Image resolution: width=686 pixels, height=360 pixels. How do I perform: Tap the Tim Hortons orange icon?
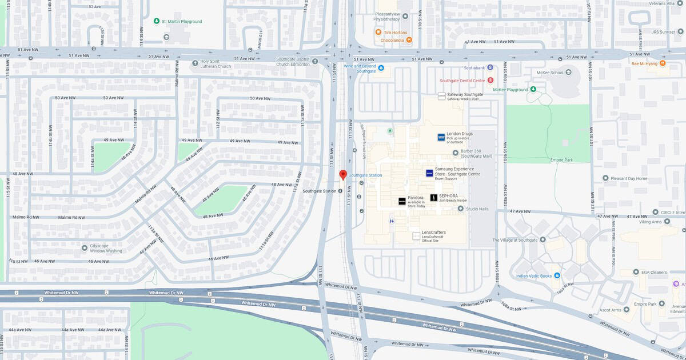click(x=378, y=33)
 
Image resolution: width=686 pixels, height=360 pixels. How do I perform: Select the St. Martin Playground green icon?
click(x=157, y=22)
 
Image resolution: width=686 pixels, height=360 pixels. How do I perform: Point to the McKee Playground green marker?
click(x=533, y=90)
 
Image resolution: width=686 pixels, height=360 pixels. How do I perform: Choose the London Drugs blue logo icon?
click(x=441, y=137)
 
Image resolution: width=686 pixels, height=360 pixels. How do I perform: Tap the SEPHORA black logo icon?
click(x=433, y=198)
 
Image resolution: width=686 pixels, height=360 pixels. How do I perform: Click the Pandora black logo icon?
click(x=402, y=201)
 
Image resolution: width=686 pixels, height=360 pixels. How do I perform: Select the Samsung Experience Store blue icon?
click(x=429, y=173)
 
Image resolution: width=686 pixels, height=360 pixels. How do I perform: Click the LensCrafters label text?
click(x=434, y=233)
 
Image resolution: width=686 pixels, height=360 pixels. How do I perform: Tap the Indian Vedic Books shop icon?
click(x=557, y=276)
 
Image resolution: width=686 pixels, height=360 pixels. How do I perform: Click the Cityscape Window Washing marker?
click(x=85, y=247)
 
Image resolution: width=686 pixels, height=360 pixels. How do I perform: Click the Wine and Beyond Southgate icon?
click(x=381, y=68)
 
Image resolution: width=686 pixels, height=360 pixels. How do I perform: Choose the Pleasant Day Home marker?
click(x=605, y=178)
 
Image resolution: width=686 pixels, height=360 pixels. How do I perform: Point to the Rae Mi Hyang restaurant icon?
click(x=663, y=63)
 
